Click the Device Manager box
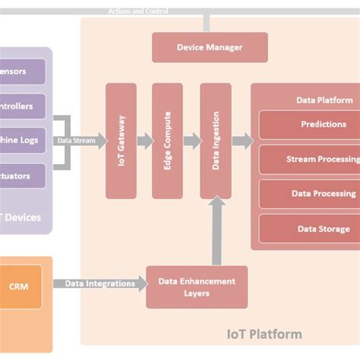pos(210,47)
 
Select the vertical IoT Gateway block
pos(122,141)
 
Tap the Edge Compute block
pos(168,141)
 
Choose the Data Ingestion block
pos(216,141)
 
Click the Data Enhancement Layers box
pos(197,286)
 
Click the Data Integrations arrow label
pos(99,284)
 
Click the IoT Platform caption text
pos(264,334)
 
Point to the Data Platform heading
pos(324,99)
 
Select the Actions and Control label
pos(138,11)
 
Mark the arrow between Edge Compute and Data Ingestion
pos(191,141)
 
